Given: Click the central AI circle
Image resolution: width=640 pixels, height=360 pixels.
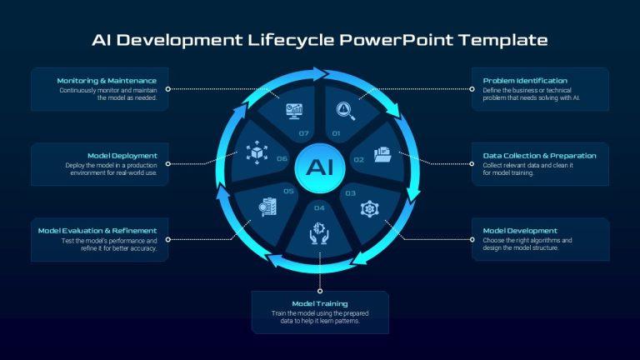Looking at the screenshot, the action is pyautogui.click(x=320, y=167).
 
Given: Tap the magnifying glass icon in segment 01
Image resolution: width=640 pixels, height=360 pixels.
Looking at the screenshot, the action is pyautogui.click(x=345, y=111).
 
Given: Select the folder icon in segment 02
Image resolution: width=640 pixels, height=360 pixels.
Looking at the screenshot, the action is pyautogui.click(x=382, y=154).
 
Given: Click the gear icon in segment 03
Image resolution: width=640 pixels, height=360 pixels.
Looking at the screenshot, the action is pyautogui.click(x=369, y=208).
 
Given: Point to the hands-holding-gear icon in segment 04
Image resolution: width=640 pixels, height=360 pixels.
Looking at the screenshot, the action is pyautogui.click(x=319, y=233).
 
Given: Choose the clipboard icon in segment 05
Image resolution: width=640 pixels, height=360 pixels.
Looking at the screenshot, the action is pyautogui.click(x=267, y=207).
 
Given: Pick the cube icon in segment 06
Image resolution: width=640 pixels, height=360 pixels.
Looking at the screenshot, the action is pyautogui.click(x=257, y=152).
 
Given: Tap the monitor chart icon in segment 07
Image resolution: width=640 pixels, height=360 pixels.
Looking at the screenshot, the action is pyautogui.click(x=294, y=111).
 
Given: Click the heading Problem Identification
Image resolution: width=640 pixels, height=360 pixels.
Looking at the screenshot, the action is pyautogui.click(x=525, y=80).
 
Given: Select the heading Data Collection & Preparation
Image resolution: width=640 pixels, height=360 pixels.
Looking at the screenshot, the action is pyautogui.click(x=539, y=156).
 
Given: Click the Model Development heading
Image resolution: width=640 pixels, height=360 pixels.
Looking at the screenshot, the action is pyautogui.click(x=520, y=231).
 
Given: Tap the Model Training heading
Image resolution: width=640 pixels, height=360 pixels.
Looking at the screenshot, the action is pyautogui.click(x=320, y=303).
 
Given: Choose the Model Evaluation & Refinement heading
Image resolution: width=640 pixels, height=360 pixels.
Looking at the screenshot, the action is pyautogui.click(x=97, y=231).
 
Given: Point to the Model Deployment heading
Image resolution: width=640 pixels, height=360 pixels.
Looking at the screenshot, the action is pyautogui.click(x=122, y=156).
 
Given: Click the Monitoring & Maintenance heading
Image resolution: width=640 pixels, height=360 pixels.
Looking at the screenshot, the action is pyautogui.click(x=107, y=80).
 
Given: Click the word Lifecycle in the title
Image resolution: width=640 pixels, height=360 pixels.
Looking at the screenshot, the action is pyautogui.click(x=291, y=40).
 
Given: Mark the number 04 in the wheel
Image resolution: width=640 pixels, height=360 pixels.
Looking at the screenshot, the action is pyautogui.click(x=319, y=208).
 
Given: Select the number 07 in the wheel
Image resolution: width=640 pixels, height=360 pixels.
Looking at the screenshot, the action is pyautogui.click(x=303, y=133).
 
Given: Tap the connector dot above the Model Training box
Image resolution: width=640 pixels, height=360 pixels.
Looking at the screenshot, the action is pyautogui.click(x=320, y=291).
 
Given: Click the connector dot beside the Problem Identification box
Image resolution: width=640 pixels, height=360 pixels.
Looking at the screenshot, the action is pyautogui.click(x=472, y=89).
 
